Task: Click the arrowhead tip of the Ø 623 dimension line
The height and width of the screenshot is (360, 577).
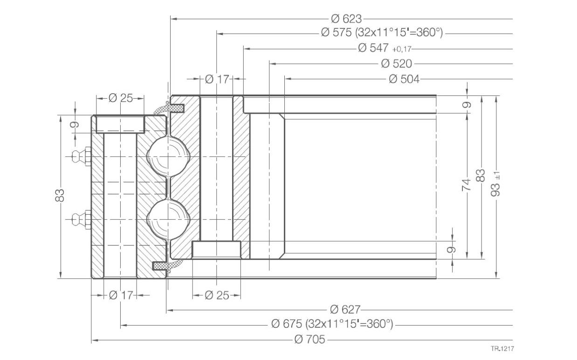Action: (171, 19)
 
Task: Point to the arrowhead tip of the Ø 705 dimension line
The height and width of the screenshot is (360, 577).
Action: (92, 340)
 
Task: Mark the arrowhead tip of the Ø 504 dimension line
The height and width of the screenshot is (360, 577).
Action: (285, 79)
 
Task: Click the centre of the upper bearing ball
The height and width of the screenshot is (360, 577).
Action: (168, 156)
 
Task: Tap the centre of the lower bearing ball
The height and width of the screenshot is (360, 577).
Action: (168, 219)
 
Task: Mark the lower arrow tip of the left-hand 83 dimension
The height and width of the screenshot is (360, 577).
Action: (61, 278)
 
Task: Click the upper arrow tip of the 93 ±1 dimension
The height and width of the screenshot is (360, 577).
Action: (496, 96)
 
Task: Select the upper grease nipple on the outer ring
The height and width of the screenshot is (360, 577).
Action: (82, 156)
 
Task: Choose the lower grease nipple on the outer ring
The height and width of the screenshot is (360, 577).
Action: (82, 219)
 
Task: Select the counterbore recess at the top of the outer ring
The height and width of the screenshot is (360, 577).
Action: (120, 124)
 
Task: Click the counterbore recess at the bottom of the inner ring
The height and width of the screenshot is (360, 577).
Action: (217, 250)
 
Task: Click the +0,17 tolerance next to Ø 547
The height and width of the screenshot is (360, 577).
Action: (402, 49)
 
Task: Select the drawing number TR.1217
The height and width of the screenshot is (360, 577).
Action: (502, 349)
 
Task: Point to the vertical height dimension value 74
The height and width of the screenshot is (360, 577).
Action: (466, 185)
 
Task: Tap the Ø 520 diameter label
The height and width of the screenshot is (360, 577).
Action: (397, 63)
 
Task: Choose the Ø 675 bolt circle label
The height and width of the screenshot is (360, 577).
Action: (332, 324)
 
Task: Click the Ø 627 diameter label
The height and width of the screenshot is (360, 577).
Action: (345, 310)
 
